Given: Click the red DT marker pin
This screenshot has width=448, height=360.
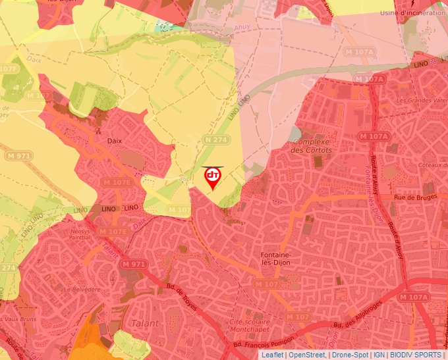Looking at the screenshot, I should pos(212,177).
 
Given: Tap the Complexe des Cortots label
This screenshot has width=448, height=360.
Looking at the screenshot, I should pos(312,146).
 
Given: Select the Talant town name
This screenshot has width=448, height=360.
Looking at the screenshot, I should pos(146,323).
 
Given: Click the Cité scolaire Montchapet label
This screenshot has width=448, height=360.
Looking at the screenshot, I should pos(250,324).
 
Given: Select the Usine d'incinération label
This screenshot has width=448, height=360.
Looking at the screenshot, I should pos(413,12).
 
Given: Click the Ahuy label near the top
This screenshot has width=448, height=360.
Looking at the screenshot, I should pos(243,28).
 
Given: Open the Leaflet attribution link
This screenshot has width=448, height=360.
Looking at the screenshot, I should pos(272,355).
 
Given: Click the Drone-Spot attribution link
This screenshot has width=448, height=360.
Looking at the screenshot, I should pos(349,355).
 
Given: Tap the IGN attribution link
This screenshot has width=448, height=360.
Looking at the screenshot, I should pos(379,355).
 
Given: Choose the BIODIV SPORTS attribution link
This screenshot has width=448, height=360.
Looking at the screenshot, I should pos(415,355).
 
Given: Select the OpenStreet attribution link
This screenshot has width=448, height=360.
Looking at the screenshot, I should pos(306,355).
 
